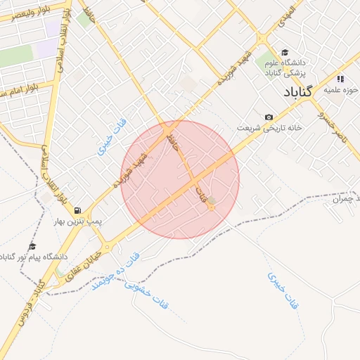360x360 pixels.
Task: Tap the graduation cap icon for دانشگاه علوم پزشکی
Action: tap(284, 52)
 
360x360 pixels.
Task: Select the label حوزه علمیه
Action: tap(342, 91)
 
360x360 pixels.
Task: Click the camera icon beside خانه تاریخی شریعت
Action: tap(269, 117)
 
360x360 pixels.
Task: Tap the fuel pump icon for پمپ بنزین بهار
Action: tap(77, 210)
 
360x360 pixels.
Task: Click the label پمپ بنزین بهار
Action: tap(79, 221)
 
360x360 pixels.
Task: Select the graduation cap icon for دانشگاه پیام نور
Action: tap(32, 246)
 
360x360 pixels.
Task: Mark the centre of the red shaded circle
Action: tap(180, 179)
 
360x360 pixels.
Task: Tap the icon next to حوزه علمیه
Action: tap(341, 79)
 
